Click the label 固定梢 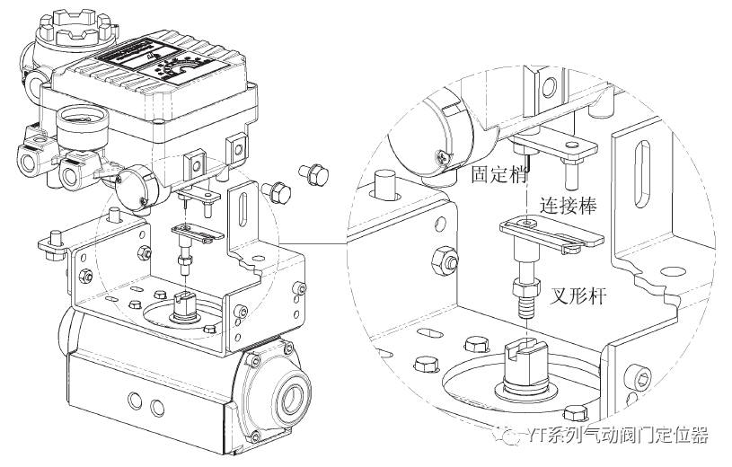click(497, 173)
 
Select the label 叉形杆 click(574, 292)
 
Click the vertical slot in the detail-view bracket click(637, 170)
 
